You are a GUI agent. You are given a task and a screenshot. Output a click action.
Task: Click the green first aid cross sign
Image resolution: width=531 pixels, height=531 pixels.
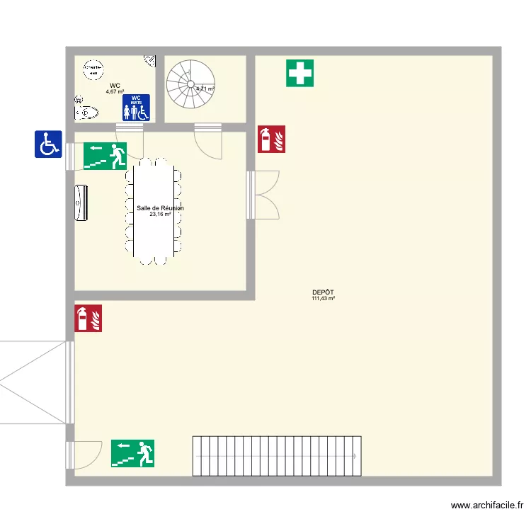299,73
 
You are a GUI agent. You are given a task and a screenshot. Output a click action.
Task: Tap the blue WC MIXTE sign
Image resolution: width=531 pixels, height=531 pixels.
136,108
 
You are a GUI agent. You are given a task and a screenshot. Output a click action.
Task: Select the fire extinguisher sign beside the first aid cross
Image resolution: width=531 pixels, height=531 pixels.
271,139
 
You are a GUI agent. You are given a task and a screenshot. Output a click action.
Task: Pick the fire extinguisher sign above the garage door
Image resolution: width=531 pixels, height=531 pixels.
88,318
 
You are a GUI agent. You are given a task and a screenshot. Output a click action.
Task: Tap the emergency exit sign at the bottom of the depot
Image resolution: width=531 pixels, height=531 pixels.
132,453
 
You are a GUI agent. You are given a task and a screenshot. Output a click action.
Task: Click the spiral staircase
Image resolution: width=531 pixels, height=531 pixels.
190,84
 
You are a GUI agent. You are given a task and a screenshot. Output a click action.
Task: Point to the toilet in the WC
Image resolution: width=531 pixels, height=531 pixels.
86,113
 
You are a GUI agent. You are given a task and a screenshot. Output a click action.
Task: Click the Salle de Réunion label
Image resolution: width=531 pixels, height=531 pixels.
160,208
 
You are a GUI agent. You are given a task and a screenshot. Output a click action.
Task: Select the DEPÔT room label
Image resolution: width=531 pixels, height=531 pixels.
323,292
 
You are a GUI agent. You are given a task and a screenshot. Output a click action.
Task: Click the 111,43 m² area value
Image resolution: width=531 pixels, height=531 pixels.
323,299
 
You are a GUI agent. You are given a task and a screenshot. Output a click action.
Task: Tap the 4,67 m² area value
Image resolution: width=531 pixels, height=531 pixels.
115,91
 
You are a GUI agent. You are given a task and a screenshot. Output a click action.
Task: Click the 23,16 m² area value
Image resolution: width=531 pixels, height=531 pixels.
160,214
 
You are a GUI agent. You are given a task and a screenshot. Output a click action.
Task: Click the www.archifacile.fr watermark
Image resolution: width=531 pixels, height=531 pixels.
487,506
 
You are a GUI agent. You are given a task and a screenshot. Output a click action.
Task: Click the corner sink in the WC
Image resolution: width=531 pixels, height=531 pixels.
150,61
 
